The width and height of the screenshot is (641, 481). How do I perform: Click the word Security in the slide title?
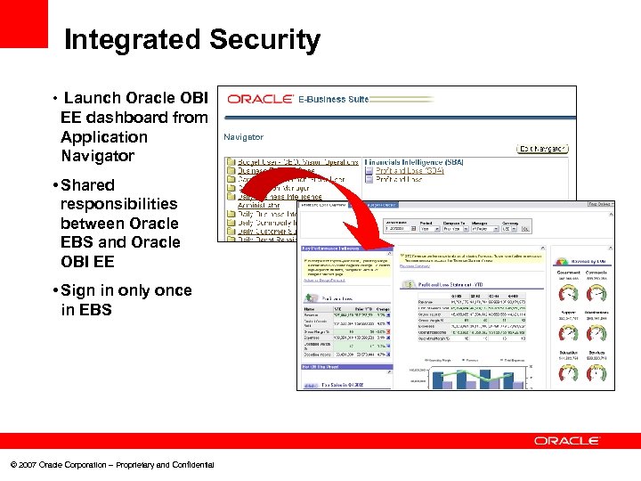(264, 40)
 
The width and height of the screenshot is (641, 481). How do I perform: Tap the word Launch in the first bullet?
(93, 98)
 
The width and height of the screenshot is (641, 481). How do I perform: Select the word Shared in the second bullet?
(88, 185)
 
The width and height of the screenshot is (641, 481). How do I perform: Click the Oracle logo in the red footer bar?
(568, 441)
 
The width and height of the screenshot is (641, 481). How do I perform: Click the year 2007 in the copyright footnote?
(28, 465)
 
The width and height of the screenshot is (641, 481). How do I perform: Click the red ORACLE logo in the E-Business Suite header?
(259, 99)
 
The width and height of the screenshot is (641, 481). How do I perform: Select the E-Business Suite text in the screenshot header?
(333, 99)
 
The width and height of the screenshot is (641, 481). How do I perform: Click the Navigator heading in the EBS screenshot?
(243, 137)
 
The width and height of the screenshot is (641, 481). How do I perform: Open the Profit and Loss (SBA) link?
(410, 170)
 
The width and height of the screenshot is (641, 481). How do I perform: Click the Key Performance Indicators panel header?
(332, 248)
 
